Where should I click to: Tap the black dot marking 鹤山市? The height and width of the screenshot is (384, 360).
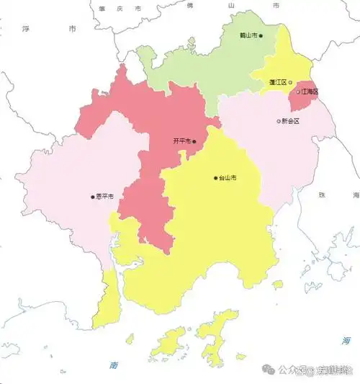click(x=261, y=35)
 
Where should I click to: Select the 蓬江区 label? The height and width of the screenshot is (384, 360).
click(x=278, y=83)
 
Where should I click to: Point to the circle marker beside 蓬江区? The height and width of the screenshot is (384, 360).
click(x=291, y=83)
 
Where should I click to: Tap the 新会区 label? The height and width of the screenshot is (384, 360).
click(x=291, y=121)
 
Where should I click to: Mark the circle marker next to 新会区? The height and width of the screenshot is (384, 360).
click(x=279, y=121)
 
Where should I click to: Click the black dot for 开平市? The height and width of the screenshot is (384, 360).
click(x=194, y=142)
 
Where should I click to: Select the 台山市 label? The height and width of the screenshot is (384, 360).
click(x=228, y=178)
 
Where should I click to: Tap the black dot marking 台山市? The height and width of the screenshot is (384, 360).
click(x=215, y=178)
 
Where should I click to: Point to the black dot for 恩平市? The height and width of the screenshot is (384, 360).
click(x=92, y=196)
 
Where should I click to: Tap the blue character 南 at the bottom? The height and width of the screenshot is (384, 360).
click(x=114, y=365)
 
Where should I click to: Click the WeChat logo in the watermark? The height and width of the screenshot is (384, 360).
click(x=267, y=370)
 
